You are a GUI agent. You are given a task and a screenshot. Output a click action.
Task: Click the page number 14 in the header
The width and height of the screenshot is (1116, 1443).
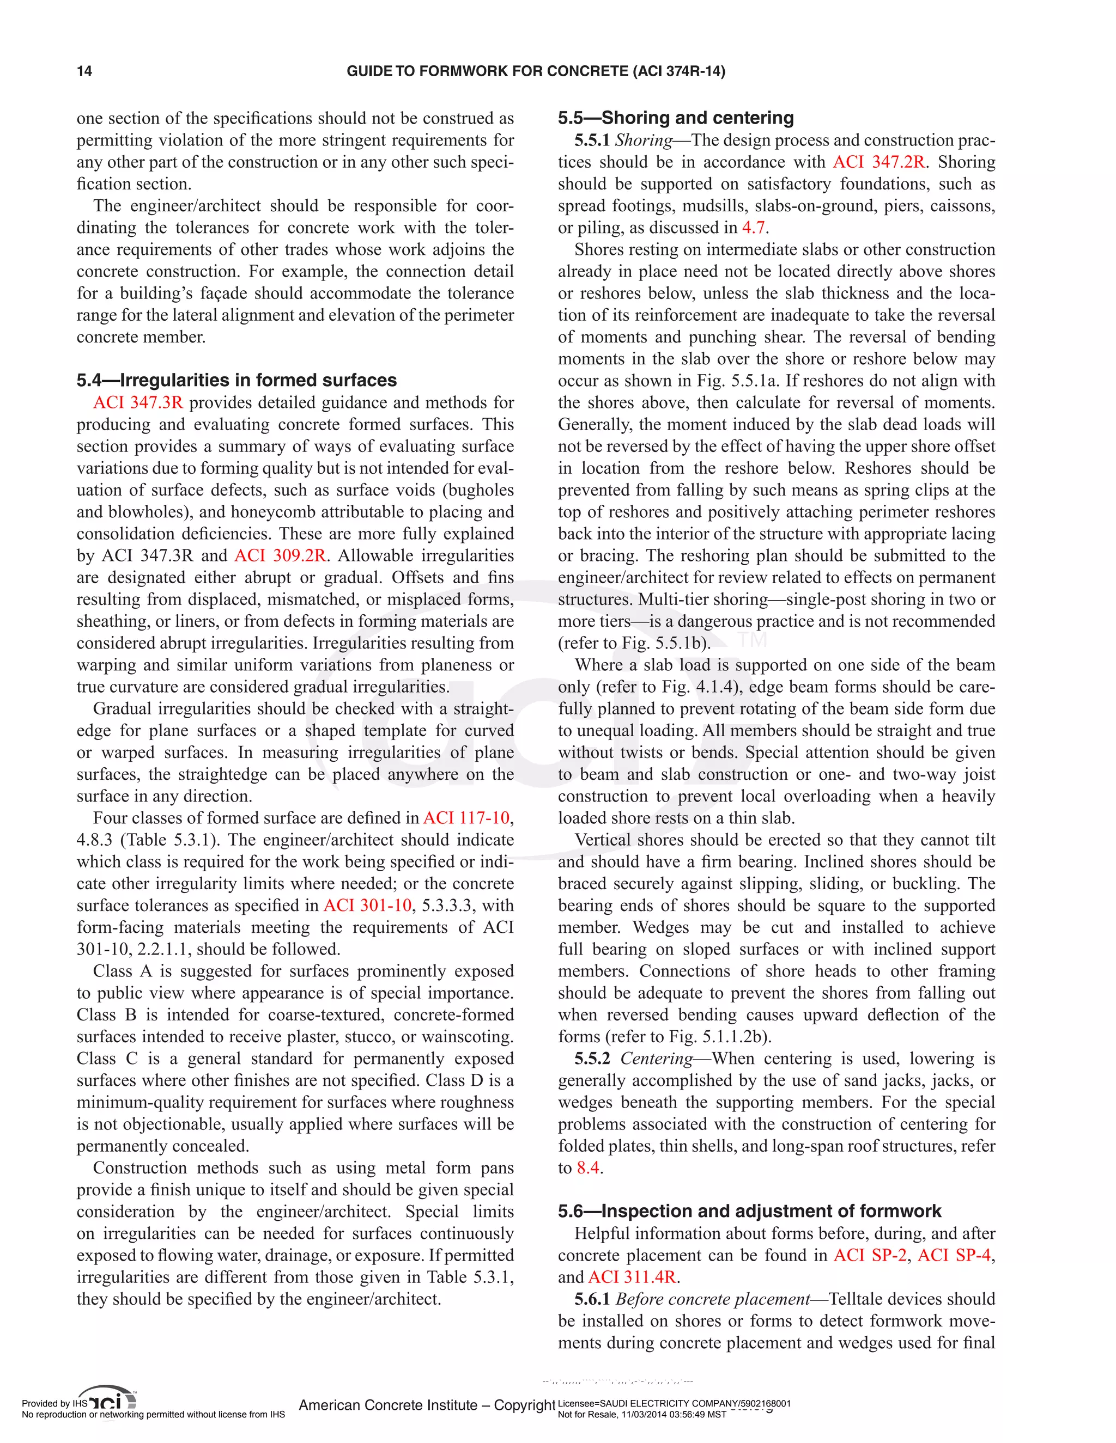(x=84, y=71)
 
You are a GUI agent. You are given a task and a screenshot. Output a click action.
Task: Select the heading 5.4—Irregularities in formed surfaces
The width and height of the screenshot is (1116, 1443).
(x=236, y=380)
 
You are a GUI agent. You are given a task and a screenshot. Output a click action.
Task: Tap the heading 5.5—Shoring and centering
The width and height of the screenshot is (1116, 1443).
(x=676, y=118)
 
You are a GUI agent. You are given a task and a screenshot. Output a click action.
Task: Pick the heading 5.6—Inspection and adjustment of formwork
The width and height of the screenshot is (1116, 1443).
(x=749, y=1211)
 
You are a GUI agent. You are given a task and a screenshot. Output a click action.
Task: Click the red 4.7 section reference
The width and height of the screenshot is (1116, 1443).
(x=753, y=228)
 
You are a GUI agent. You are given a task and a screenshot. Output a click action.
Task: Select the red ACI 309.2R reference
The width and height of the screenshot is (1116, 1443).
(x=280, y=555)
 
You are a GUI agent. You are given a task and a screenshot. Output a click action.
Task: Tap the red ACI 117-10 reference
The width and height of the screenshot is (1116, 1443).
(x=466, y=818)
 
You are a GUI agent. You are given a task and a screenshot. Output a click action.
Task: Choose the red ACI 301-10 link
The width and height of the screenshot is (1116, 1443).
(x=367, y=906)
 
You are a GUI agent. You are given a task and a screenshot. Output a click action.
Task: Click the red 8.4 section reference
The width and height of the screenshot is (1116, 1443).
(x=588, y=1168)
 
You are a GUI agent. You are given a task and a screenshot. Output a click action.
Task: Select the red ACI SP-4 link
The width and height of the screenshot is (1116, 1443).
(x=954, y=1255)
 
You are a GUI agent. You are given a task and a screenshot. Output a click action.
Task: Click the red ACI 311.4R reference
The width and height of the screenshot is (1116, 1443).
(x=632, y=1277)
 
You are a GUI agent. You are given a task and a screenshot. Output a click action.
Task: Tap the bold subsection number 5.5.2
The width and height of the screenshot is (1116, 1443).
(x=592, y=1059)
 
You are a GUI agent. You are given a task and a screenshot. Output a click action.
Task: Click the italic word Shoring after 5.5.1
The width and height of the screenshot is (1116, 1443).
(x=644, y=140)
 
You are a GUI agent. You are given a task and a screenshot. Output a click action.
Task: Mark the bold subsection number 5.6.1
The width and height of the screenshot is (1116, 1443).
(x=592, y=1299)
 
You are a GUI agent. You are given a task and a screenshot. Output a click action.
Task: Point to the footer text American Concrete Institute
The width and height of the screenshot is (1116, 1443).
(x=388, y=1405)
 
